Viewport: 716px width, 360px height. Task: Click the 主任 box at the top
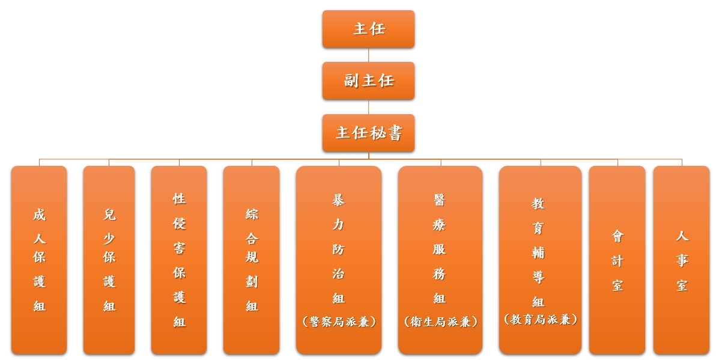tap(368, 29)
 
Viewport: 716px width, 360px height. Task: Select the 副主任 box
tap(368, 81)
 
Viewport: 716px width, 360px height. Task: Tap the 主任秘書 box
tap(368, 133)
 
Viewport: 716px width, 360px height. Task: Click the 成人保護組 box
tap(39, 260)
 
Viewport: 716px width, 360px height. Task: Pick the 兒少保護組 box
tap(109, 260)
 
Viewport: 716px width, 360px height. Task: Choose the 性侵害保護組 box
tap(179, 260)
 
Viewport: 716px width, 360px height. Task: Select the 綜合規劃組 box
tap(252, 260)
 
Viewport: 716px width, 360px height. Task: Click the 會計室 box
tap(617, 260)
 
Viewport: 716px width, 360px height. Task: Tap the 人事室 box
tap(682, 260)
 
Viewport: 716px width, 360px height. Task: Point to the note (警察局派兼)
tap(339, 322)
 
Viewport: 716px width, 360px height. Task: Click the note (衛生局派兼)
tap(441, 322)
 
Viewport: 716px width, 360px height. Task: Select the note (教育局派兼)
tap(541, 319)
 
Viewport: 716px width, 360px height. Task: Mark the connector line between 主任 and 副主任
tap(368, 55)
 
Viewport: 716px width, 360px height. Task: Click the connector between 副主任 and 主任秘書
tap(368, 107)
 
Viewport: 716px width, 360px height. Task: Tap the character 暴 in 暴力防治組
tap(338, 200)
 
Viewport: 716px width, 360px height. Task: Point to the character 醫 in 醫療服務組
tap(440, 200)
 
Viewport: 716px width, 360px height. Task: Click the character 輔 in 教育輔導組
tap(539, 252)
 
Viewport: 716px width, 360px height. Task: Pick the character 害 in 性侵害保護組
tap(179, 248)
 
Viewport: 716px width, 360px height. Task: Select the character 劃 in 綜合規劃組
tap(252, 281)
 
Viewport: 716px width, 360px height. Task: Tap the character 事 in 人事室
tap(682, 260)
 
